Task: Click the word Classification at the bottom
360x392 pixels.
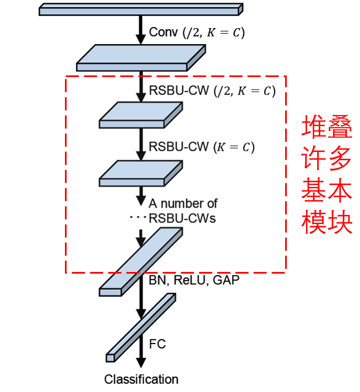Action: [x=141, y=379]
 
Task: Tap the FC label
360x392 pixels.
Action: [x=157, y=345]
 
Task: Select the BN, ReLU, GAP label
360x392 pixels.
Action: [x=194, y=280]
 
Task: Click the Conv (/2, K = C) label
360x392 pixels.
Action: [x=197, y=32]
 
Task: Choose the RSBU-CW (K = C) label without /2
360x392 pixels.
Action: [x=202, y=147]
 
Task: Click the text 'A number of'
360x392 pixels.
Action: [x=183, y=204]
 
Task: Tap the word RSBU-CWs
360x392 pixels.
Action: [x=182, y=218]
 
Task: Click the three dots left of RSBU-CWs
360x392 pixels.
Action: [x=136, y=218]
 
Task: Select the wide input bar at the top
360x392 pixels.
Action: [x=141, y=9]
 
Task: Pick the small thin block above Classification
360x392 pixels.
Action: [x=141, y=327]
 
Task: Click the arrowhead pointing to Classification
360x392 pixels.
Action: [x=141, y=363]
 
